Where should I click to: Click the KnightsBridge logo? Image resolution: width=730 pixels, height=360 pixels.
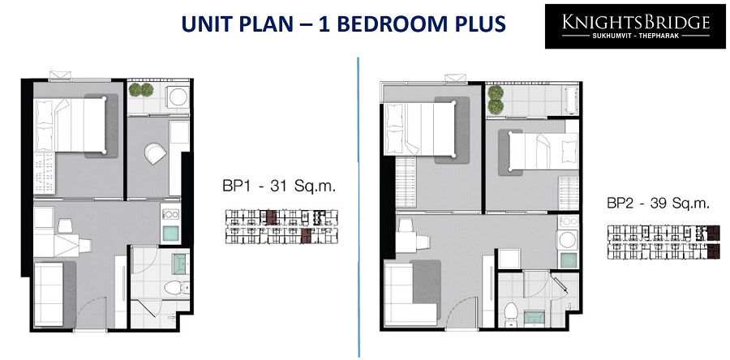(x=635, y=27)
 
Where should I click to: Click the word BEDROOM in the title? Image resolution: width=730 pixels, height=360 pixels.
(x=389, y=24)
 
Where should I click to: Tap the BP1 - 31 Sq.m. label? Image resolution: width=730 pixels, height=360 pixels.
(x=279, y=187)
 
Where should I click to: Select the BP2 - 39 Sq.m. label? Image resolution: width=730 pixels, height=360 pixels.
(x=659, y=204)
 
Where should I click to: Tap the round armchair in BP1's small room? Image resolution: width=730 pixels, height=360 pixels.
(x=155, y=153)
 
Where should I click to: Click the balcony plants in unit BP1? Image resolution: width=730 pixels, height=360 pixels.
(x=141, y=90)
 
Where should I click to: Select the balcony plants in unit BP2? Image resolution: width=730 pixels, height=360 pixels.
(x=496, y=99)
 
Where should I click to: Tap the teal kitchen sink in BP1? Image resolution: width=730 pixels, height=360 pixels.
(x=170, y=233)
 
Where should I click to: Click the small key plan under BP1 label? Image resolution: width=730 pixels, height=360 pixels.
(x=281, y=227)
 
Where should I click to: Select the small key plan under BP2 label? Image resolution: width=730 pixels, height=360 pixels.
(x=663, y=242)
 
